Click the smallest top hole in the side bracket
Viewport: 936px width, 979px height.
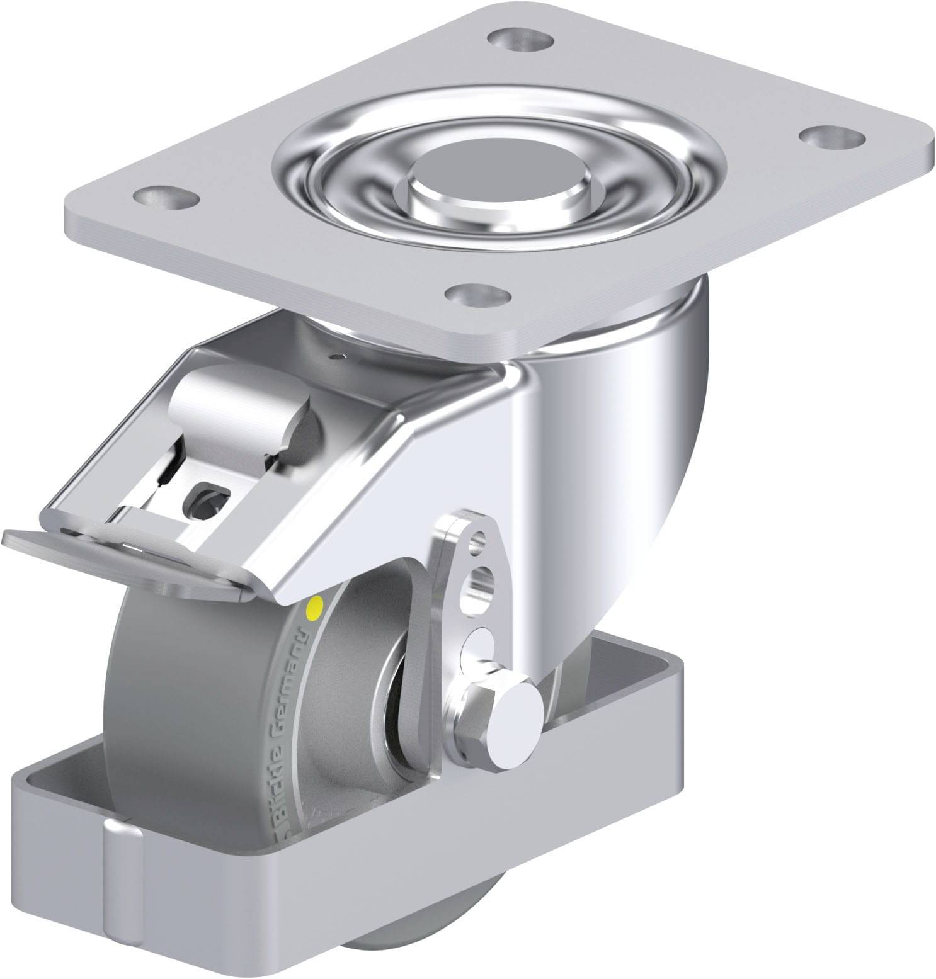coord(481,538)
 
